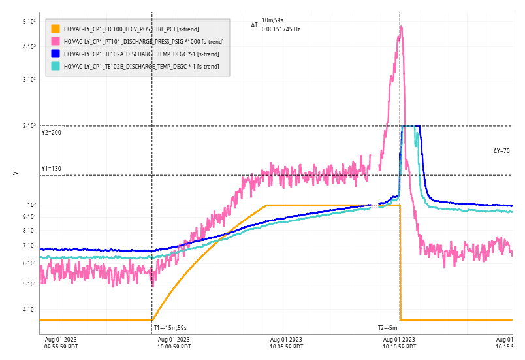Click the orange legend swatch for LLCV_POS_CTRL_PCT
tap(56, 29)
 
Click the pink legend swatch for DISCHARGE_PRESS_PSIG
tap(56, 41)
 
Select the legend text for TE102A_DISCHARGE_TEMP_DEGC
tap(141, 54)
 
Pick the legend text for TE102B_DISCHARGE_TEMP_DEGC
tap(141, 66)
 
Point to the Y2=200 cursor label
tap(52, 133)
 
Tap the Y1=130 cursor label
tap(52, 169)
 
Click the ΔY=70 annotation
tap(501, 151)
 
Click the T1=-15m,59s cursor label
tap(170, 327)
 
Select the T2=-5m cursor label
tap(387, 327)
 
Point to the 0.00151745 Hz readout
tap(281, 29)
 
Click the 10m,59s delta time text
tap(273, 20)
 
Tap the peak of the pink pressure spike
tap(402, 27)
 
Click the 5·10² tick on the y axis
tap(29, 22)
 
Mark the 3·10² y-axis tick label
tap(29, 80)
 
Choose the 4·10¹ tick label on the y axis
tap(29, 310)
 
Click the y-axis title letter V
tap(15, 173)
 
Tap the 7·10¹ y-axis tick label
tap(29, 246)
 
